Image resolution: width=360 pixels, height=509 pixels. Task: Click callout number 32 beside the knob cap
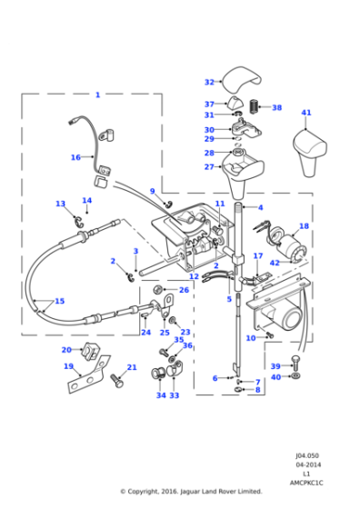click(209, 82)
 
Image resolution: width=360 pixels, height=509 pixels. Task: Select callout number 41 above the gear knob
click(306, 114)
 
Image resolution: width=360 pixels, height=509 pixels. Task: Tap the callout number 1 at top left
click(97, 95)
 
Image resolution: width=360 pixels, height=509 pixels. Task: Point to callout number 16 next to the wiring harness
click(75, 157)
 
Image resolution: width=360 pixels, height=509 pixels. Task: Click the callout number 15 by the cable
click(59, 301)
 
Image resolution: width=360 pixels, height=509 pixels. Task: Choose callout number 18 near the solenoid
click(304, 226)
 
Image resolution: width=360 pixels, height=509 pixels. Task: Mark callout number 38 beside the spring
click(276, 107)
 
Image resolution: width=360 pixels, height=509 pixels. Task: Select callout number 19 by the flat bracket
click(68, 366)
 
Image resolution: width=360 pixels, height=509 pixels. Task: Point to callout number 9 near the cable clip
click(153, 191)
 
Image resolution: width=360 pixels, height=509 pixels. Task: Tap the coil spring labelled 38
click(255, 107)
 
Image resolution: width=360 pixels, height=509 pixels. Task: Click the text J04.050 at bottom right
click(305, 456)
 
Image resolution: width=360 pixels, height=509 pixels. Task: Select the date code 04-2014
click(305, 465)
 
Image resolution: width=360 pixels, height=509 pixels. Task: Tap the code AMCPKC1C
click(305, 483)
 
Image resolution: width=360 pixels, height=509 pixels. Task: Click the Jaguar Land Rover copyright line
click(191, 492)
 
